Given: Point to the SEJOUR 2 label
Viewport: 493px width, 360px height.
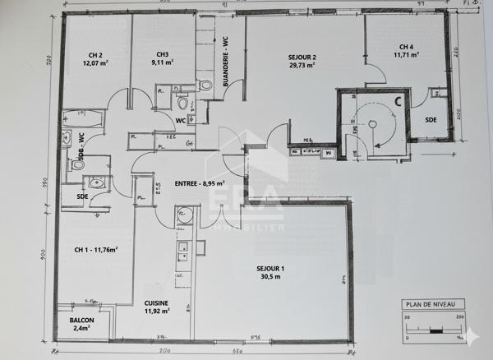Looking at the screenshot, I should coord(302,57).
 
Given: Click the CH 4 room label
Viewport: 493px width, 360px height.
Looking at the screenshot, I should coord(406,47).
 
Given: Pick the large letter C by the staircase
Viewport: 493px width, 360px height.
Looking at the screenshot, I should coord(398,102).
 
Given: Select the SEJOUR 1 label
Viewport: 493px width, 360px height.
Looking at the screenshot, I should coord(270,270).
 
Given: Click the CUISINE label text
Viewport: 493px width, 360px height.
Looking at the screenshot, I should coord(156,303).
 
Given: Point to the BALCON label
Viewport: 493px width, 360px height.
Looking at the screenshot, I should coord(81,321).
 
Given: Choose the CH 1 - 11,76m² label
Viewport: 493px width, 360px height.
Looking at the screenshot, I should coord(95,250).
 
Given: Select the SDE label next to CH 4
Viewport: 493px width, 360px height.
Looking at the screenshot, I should coord(431,120).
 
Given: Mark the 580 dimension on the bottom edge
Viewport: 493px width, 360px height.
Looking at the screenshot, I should coord(238,353).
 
